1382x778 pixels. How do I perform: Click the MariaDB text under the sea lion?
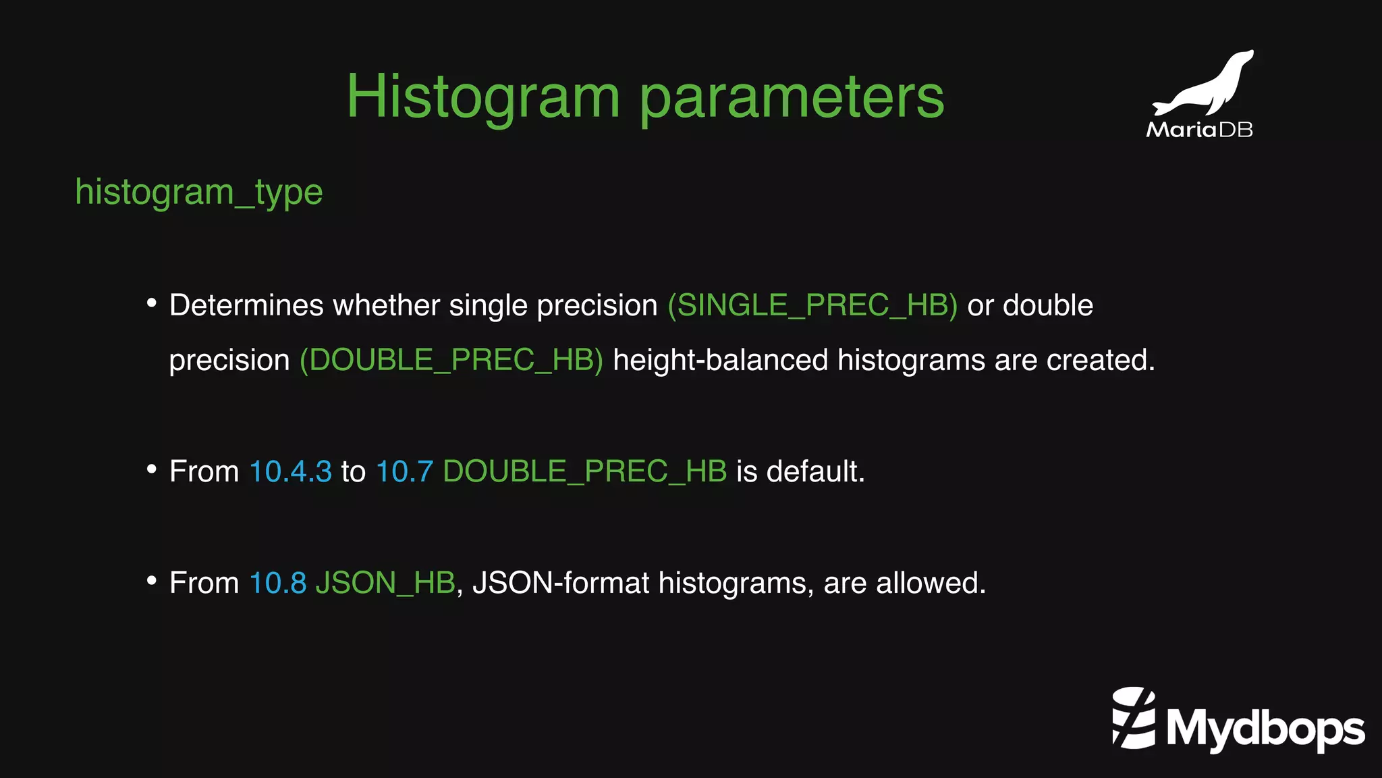click(x=1199, y=130)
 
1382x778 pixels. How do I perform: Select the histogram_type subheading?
click(x=199, y=192)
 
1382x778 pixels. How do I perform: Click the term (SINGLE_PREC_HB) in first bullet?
click(x=812, y=305)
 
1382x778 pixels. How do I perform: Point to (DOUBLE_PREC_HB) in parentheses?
click(x=451, y=360)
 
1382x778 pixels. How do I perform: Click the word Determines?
click(x=246, y=305)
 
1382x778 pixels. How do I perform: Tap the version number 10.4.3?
click(x=290, y=471)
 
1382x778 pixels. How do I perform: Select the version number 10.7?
click(x=404, y=471)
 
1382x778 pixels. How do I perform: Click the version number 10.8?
click(x=278, y=583)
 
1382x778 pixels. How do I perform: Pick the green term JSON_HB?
click(x=385, y=583)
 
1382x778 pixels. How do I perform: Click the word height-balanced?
click(x=720, y=360)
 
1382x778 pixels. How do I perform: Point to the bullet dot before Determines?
click(x=152, y=304)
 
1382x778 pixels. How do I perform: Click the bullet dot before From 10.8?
click(x=152, y=581)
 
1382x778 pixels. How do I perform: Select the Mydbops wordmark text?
click(x=1265, y=729)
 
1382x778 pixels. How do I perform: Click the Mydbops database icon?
click(x=1134, y=718)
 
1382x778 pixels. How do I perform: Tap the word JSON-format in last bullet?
click(x=560, y=583)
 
